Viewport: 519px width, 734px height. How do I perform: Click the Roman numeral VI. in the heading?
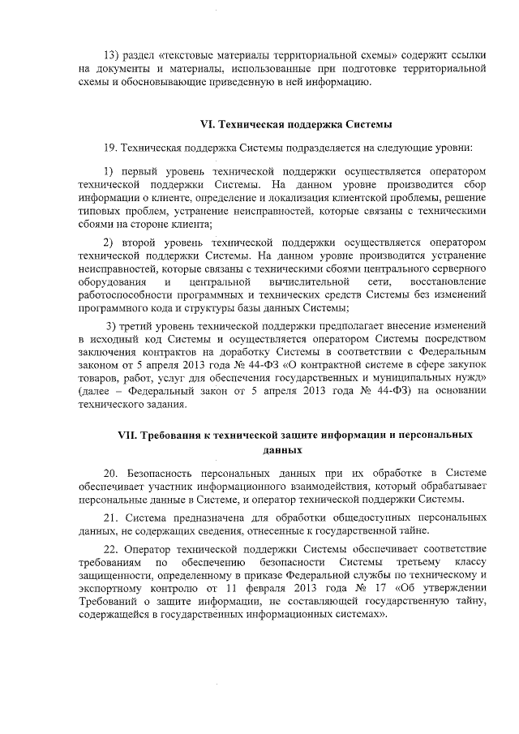[x=208, y=125]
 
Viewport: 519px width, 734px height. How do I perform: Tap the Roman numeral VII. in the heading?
[x=129, y=436]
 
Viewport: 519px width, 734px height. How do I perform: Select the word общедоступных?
[x=350, y=517]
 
